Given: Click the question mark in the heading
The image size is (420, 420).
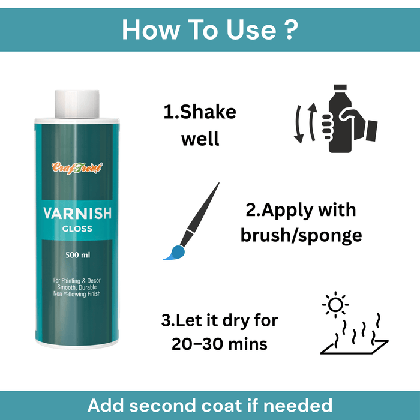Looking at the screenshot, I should [x=290, y=29].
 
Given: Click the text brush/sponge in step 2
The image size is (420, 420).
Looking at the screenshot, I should [x=301, y=235].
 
